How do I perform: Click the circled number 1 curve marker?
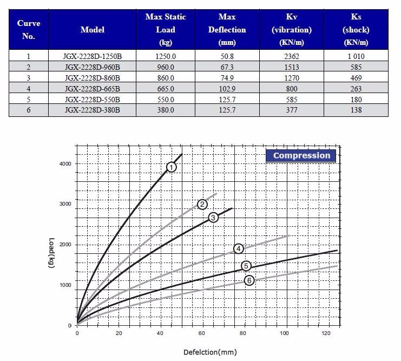(x=172, y=167)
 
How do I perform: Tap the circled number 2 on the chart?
(x=202, y=204)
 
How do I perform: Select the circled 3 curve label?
(x=213, y=217)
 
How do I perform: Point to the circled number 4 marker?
(x=239, y=248)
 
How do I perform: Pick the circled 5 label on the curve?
(x=246, y=266)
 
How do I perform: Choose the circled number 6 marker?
(x=249, y=280)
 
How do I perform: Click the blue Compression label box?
(x=301, y=156)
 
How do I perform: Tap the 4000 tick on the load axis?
(x=65, y=164)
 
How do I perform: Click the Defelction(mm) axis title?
(x=210, y=352)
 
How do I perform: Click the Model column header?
(x=92, y=30)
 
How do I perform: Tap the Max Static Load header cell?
(x=166, y=30)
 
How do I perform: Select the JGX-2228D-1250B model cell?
(x=92, y=56)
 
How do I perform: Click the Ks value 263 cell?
(x=356, y=89)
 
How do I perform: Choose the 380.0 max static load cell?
(x=166, y=110)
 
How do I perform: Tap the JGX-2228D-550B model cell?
(x=92, y=100)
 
